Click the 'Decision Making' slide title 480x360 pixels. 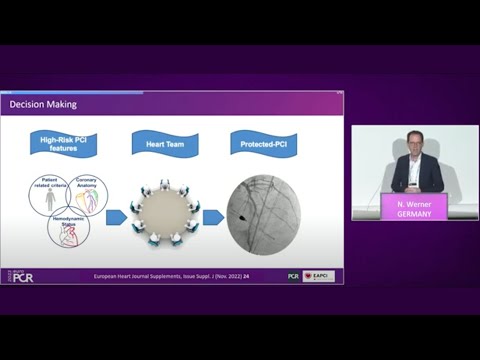coord(43,104)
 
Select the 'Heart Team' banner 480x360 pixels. coord(164,143)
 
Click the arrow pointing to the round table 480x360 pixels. coord(116,216)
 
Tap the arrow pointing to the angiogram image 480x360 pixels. coord(211,216)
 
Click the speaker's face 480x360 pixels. coord(414,142)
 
